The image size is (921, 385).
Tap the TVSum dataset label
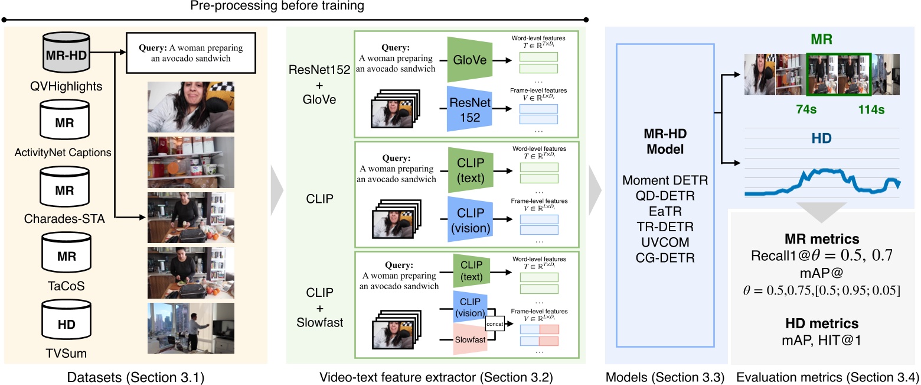(66, 353)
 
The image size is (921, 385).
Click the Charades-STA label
(64, 219)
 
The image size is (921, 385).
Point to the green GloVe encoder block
(469, 60)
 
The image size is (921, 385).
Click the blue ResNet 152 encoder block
(469, 109)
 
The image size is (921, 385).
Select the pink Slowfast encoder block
(470, 339)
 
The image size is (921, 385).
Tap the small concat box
(495, 323)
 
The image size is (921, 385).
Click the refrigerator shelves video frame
(191, 162)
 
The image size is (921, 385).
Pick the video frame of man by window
(191, 328)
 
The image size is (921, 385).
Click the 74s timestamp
(806, 109)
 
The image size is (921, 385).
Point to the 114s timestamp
(871, 109)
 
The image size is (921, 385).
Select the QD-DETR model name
(665, 196)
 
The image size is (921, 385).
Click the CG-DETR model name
(665, 258)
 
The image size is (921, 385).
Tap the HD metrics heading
(822, 323)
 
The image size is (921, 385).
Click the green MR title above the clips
(821, 39)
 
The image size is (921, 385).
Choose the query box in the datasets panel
(191, 53)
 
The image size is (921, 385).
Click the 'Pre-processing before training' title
(277, 6)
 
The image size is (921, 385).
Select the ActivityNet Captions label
(63, 153)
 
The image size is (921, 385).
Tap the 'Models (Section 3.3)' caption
(665, 377)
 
